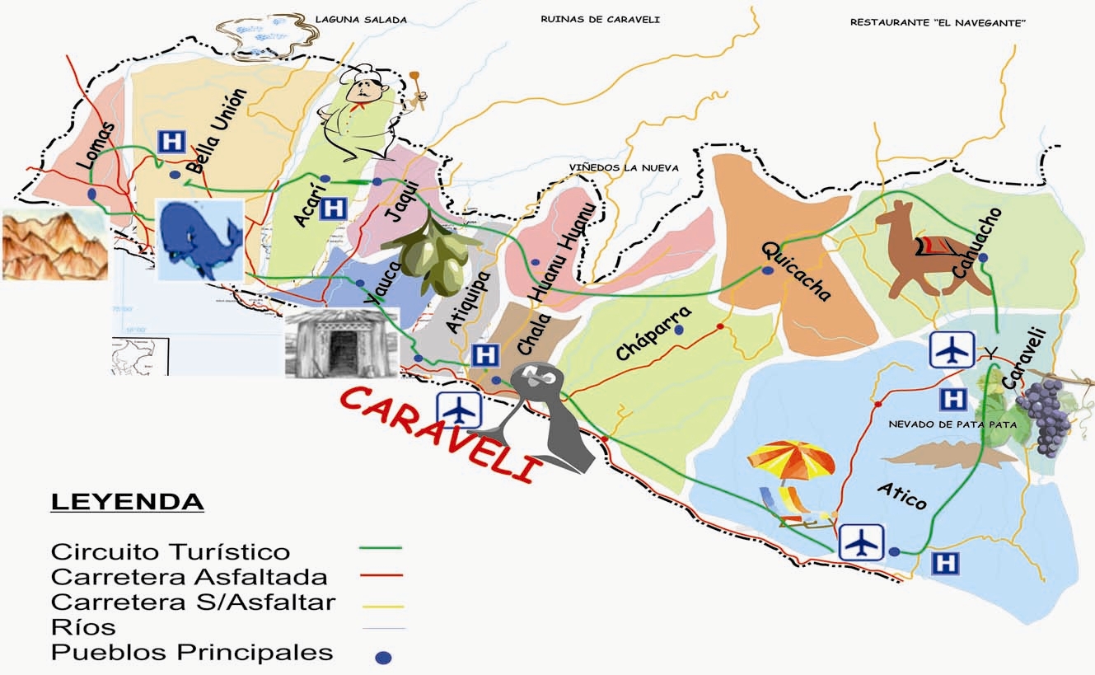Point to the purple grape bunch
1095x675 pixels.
pyautogui.click(x=1043, y=416)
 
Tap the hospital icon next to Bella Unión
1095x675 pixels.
pyautogui.click(x=171, y=141)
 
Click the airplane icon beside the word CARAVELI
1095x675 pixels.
pyautogui.click(x=457, y=408)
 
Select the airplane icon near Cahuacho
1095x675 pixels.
pyautogui.click(x=952, y=349)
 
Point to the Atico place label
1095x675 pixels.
pyautogui.click(x=902, y=495)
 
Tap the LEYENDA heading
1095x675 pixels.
pyautogui.click(x=127, y=502)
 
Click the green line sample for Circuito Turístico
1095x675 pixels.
pyautogui.click(x=381, y=547)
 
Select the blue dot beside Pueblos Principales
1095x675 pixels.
pyautogui.click(x=383, y=658)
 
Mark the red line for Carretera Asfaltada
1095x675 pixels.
pyautogui.click(x=381, y=574)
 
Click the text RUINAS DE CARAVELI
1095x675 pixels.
pyautogui.click(x=600, y=20)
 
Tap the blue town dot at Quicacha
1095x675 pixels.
pyautogui.click(x=767, y=270)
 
